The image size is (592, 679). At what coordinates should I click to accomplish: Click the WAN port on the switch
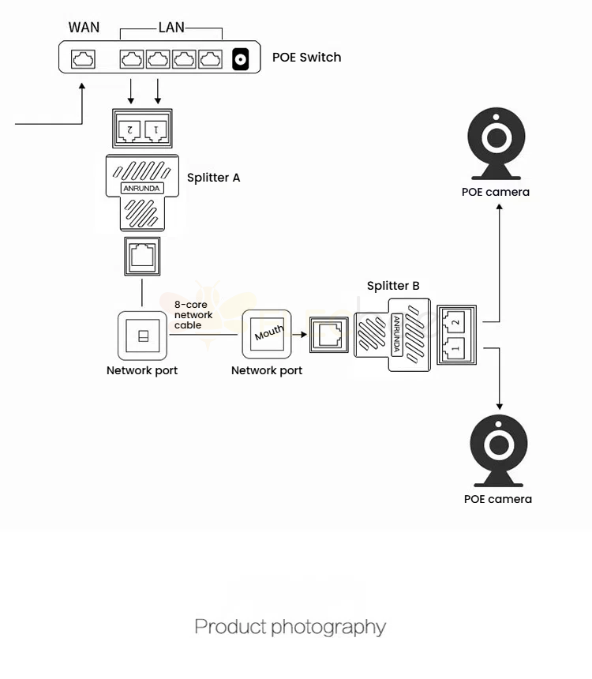tap(83, 59)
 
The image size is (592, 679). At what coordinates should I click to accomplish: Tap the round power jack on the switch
tap(241, 59)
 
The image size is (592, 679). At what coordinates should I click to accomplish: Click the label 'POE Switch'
tap(306, 57)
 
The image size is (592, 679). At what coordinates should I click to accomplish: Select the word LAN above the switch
tap(171, 28)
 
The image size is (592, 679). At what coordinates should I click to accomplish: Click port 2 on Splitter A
tap(129, 129)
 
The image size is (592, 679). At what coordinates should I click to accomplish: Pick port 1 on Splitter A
tap(156, 129)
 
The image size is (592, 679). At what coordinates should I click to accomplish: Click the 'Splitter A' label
tap(213, 178)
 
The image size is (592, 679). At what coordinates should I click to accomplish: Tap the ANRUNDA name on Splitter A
tap(141, 189)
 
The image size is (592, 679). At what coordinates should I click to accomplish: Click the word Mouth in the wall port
tap(268, 335)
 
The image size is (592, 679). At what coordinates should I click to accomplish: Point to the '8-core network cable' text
tap(193, 314)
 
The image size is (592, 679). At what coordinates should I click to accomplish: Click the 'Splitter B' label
tap(393, 286)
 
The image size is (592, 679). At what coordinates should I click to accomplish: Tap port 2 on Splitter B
tap(454, 320)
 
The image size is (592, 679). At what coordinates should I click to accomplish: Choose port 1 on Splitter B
tap(454, 347)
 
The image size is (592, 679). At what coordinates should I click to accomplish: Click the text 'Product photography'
tap(290, 628)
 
